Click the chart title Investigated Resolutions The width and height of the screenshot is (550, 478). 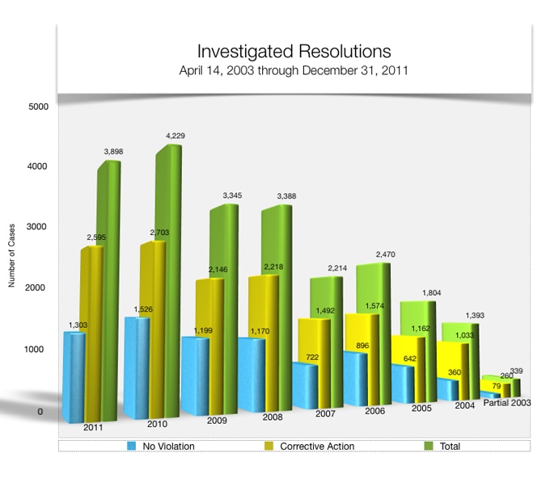coord(294,52)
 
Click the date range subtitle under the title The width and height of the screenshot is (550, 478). coord(294,70)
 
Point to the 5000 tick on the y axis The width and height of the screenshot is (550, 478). coord(38,107)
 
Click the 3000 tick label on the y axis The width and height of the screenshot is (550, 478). coord(38,228)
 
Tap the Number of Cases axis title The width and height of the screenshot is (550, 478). coord(12,258)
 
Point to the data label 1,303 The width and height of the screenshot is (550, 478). coord(79,325)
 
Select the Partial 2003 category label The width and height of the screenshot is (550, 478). coord(506,402)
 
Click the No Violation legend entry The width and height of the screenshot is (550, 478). coord(162,446)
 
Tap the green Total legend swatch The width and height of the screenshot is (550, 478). coord(429,446)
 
